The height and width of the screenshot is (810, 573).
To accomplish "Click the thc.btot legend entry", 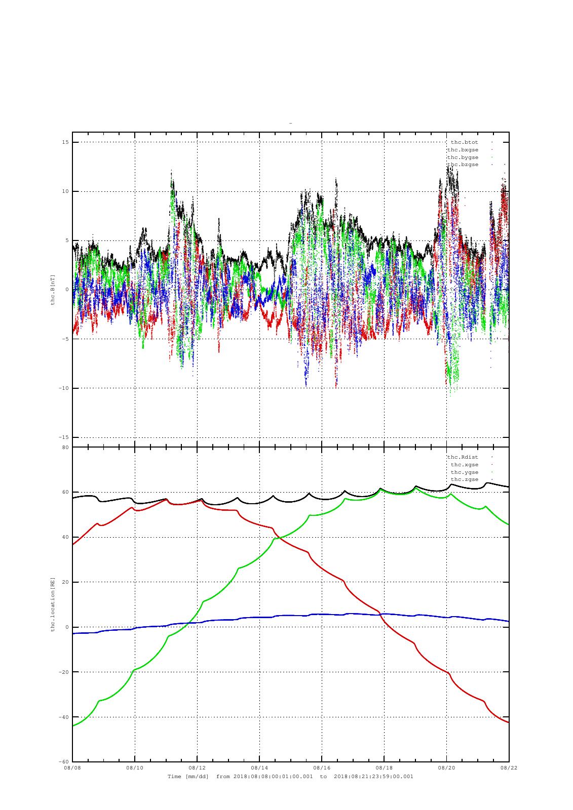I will (464, 142).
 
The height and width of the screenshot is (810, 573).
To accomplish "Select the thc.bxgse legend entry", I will (463, 150).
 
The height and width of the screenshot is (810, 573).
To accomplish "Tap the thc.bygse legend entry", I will (463, 157).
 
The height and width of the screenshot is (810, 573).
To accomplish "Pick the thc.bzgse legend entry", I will (463, 165).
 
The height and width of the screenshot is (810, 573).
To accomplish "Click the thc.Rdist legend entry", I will (463, 457).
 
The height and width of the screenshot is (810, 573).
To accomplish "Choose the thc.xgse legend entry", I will (464, 465).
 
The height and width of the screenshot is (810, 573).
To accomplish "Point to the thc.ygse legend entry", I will (464, 472).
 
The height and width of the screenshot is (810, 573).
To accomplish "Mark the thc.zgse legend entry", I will (464, 479).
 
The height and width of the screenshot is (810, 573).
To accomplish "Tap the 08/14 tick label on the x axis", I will (259, 768).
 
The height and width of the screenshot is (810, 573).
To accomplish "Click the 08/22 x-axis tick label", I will (509, 768).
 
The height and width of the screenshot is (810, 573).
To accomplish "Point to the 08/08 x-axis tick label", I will (72, 768).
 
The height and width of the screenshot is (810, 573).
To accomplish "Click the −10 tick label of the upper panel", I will (64, 388).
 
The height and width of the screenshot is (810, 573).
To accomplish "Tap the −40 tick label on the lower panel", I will (64, 717).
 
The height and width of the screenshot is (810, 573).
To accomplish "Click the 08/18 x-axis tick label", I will (384, 768).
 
